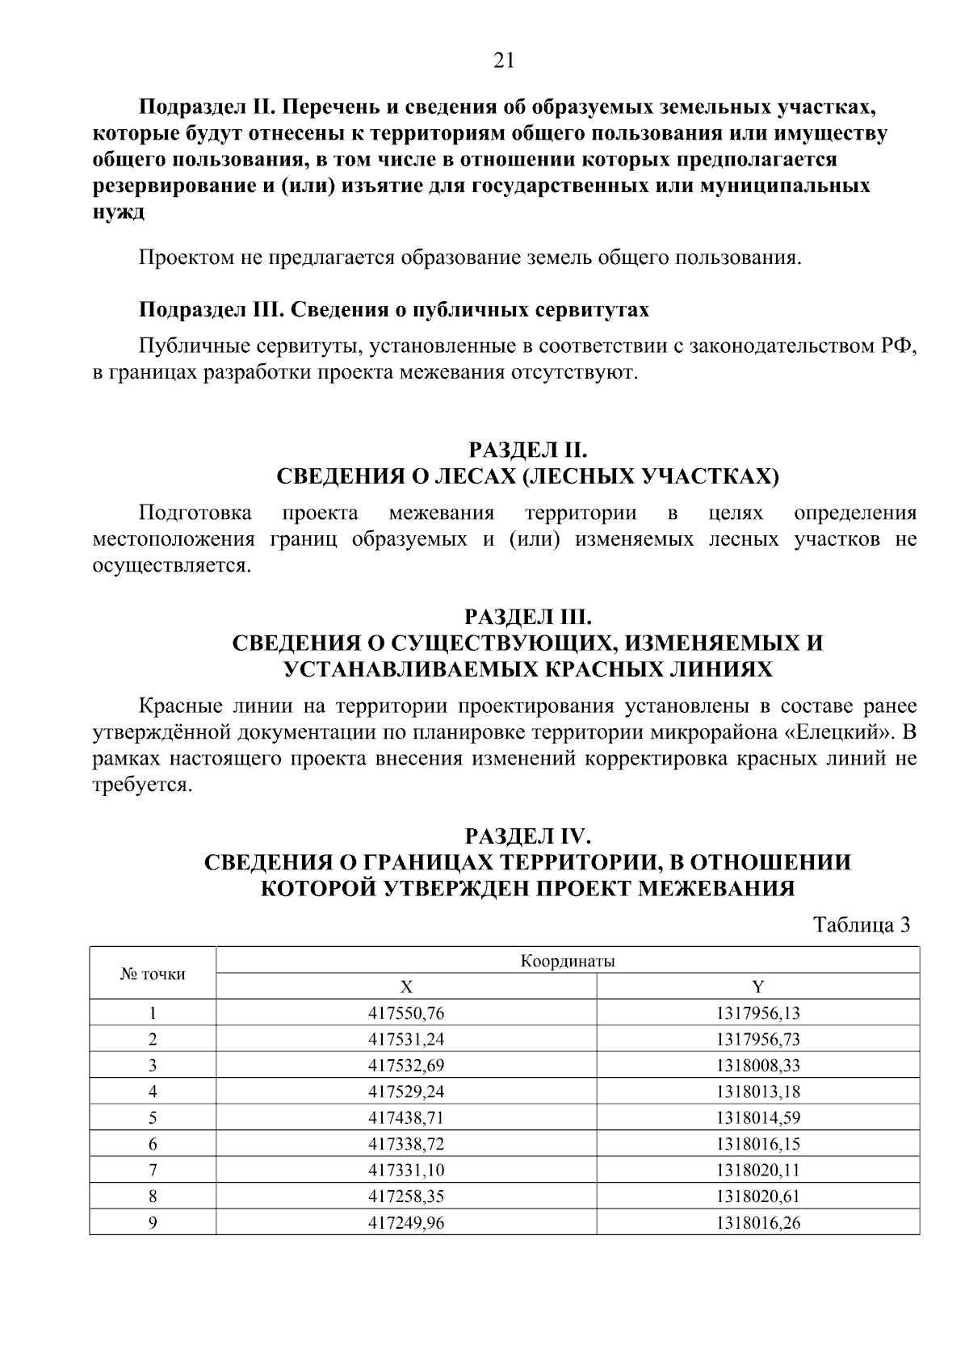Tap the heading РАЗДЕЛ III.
click(528, 618)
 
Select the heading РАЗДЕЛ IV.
click(528, 836)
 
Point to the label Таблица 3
click(861, 925)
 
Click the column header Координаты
click(568, 962)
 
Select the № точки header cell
click(153, 974)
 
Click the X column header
click(406, 987)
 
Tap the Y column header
click(757, 987)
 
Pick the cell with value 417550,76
click(406, 1013)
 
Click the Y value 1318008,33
click(757, 1066)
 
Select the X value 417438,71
click(406, 1118)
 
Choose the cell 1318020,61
click(757, 1196)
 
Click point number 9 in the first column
click(153, 1223)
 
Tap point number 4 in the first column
click(153, 1092)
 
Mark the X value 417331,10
click(406, 1171)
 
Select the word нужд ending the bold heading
click(119, 212)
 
